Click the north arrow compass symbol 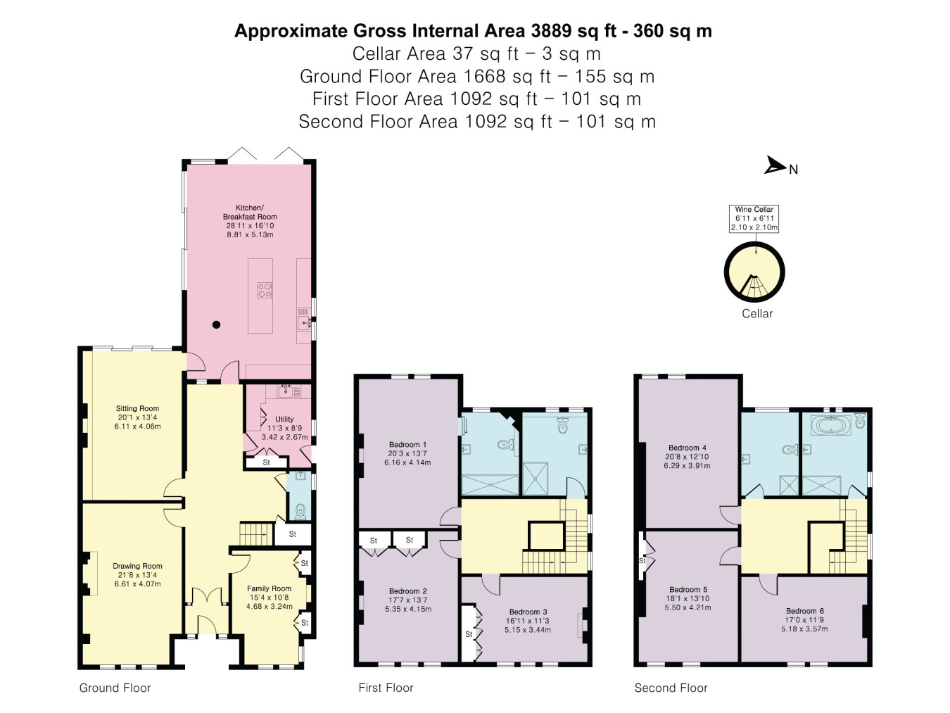click(x=775, y=165)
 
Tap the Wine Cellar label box click(x=754, y=219)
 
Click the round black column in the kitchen click(x=217, y=324)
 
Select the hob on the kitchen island click(x=265, y=290)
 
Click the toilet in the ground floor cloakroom click(x=300, y=511)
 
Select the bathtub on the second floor click(x=830, y=425)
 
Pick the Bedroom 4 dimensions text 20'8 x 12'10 click(x=688, y=457)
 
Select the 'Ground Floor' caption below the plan click(x=115, y=688)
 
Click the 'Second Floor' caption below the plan click(x=671, y=688)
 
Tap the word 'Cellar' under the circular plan click(x=757, y=313)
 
